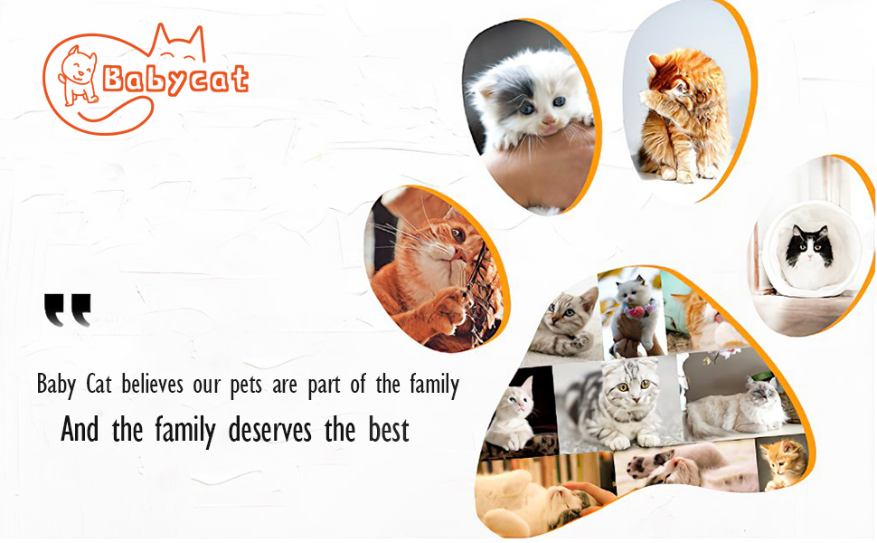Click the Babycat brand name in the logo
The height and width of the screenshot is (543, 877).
point(175,80)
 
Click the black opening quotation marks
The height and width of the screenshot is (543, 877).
point(67,310)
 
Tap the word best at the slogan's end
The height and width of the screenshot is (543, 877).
point(389,430)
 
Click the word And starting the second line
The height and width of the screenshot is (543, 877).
point(80,430)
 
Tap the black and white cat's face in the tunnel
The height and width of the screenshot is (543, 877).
point(809,245)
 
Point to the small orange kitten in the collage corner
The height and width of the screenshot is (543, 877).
point(785,463)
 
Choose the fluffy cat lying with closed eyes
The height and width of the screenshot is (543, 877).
point(739,405)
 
